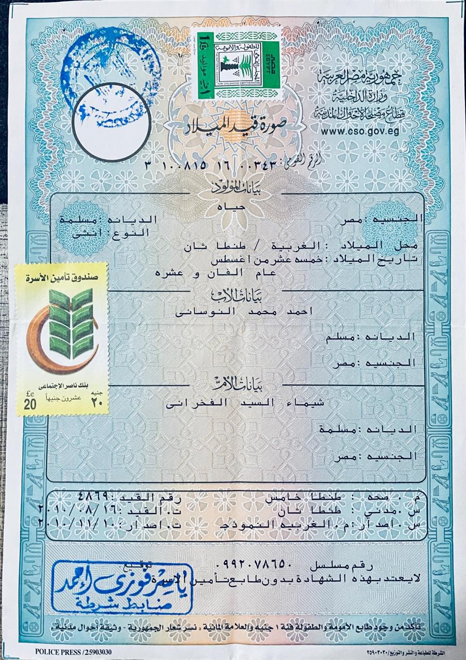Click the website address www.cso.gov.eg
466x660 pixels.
368,131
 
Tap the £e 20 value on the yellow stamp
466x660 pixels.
29,401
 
